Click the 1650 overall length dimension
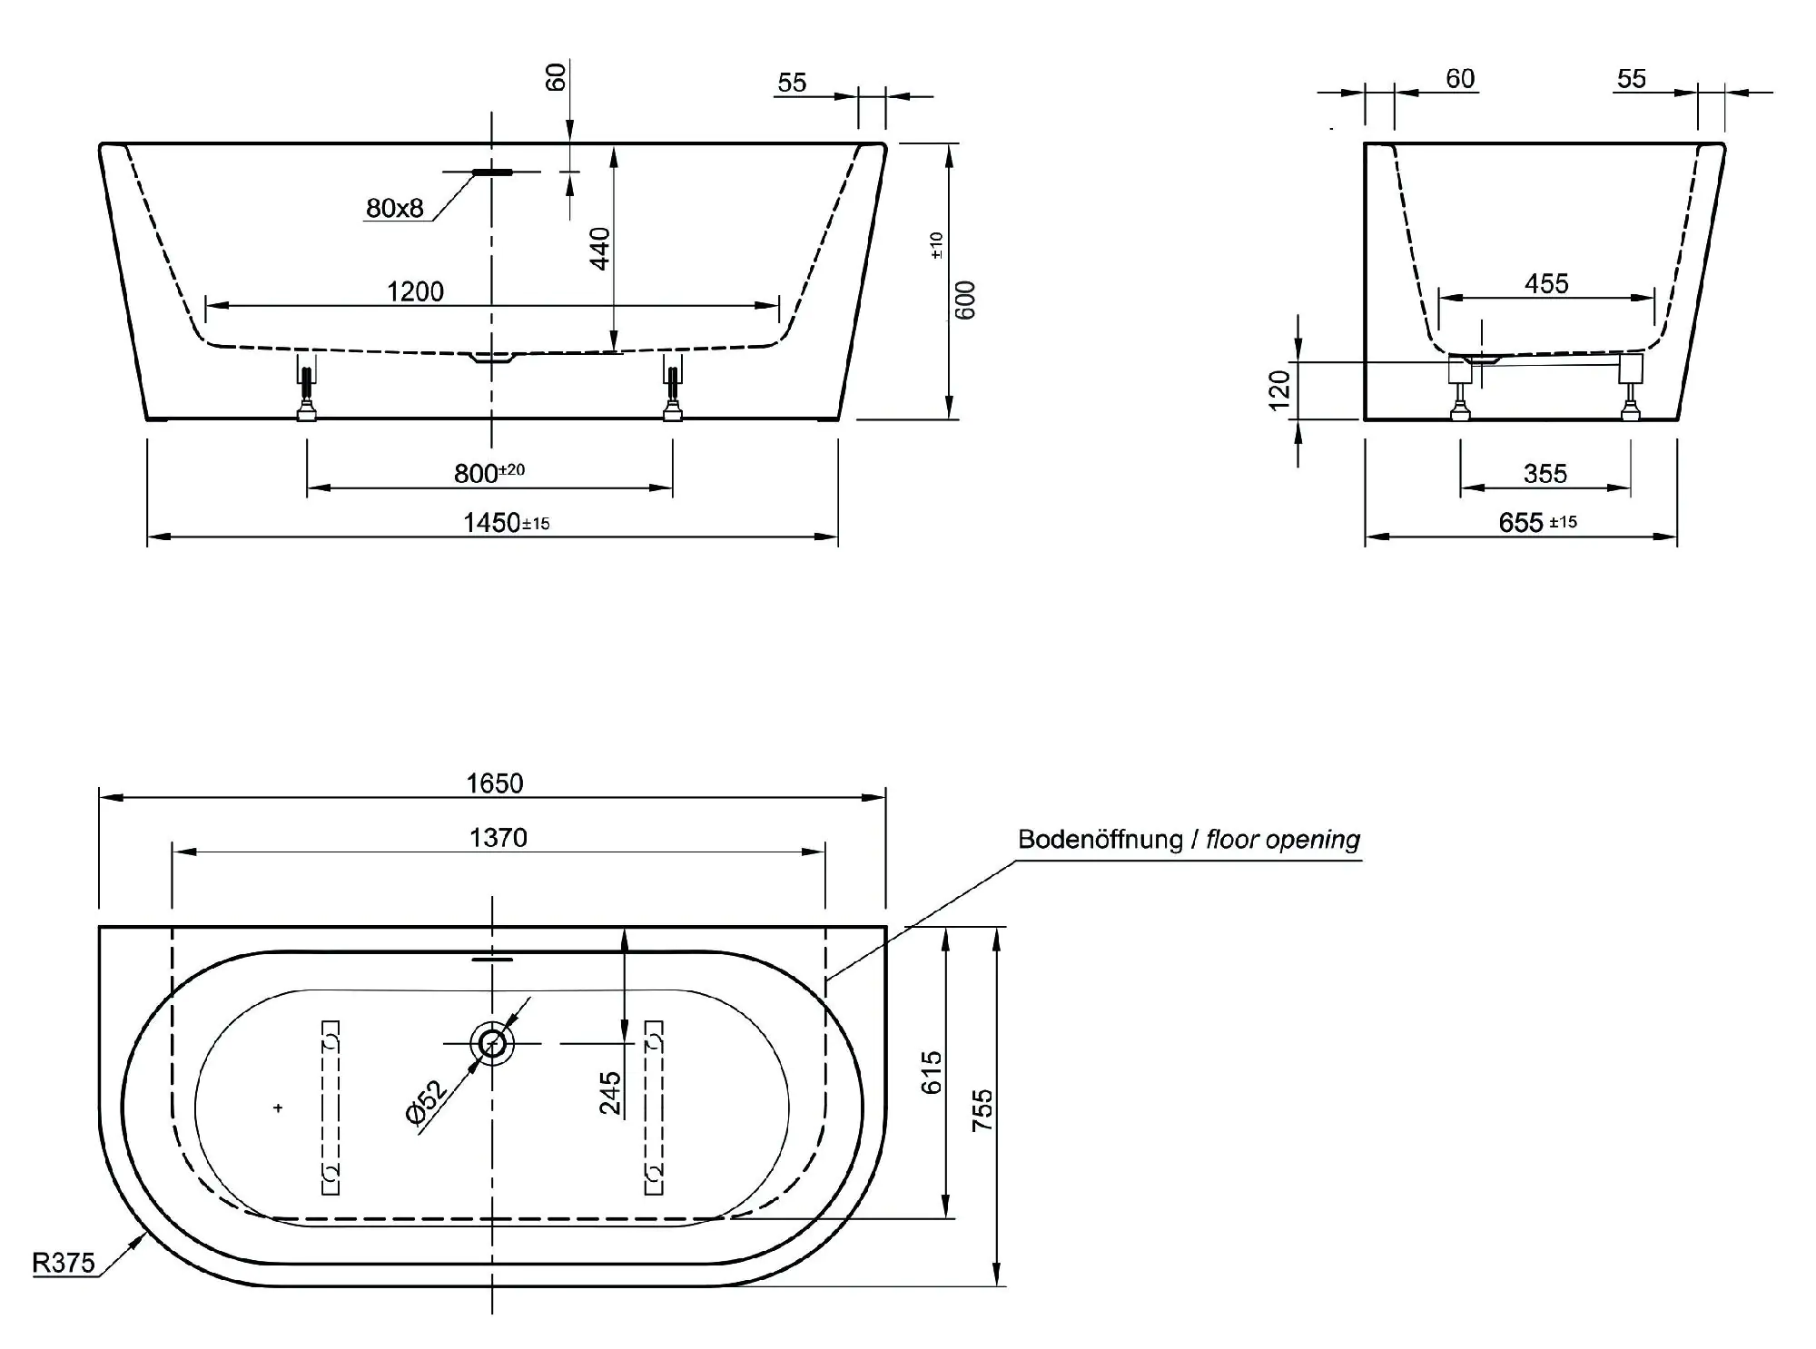495,783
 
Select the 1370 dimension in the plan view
498,837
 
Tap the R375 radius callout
64,1263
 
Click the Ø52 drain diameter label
427,1102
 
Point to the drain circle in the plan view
492,1043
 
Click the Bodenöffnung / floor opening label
1189,840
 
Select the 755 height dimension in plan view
983,1109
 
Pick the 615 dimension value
933,1072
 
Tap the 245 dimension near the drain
610,1092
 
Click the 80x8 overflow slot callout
395,209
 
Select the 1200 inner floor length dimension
415,291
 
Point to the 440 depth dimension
600,248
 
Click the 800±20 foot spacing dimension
489,473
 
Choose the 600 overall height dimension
965,300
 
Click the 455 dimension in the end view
1546,284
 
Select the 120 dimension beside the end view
1279,390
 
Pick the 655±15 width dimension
1536,523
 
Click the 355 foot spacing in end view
1545,474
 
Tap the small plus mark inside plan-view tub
278,1108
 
